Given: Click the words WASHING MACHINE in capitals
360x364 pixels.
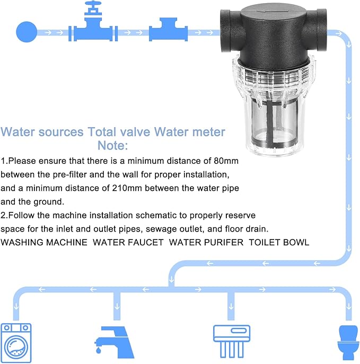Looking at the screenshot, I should [44, 243].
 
